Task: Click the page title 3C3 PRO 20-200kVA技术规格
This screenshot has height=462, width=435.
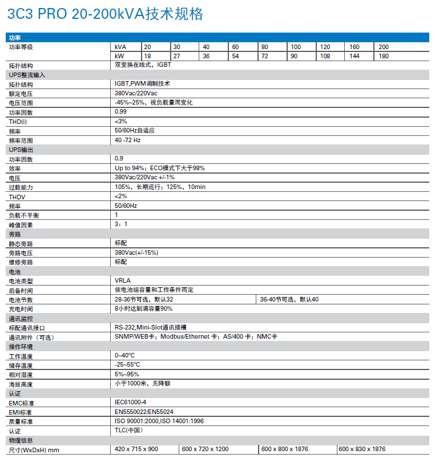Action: tap(105, 14)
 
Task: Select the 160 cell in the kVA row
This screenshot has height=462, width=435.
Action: tap(355, 46)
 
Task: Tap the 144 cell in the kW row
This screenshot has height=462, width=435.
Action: tap(355, 56)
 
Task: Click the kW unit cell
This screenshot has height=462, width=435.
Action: tap(119, 56)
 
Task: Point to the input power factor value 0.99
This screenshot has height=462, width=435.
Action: tap(120, 111)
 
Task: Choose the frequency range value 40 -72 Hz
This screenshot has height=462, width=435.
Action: tap(127, 140)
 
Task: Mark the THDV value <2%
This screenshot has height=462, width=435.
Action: tap(120, 196)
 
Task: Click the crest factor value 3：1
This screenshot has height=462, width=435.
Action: tap(121, 224)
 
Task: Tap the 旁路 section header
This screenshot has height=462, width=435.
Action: tap(14, 234)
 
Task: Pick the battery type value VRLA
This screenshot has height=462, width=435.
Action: tap(123, 280)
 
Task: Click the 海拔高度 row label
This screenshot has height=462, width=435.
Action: tap(21, 384)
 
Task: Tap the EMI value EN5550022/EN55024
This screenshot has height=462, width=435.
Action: tap(144, 411)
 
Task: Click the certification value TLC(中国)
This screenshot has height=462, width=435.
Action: tap(128, 431)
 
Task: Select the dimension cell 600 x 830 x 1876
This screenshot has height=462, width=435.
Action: tap(362, 449)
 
